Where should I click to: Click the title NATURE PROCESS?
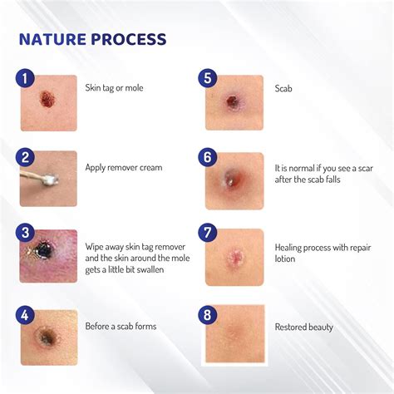pos(92,39)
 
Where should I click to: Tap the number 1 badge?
pos(25,79)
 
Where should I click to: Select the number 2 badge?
pos(25,157)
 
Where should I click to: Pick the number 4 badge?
pos(25,314)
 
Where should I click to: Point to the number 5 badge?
pos(208,79)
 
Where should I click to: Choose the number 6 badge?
pos(208,157)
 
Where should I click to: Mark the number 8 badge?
pos(208,314)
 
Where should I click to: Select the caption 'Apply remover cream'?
pos(124,167)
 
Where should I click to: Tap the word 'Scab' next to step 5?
pos(283,87)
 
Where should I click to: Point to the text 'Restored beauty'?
pos(303,327)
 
